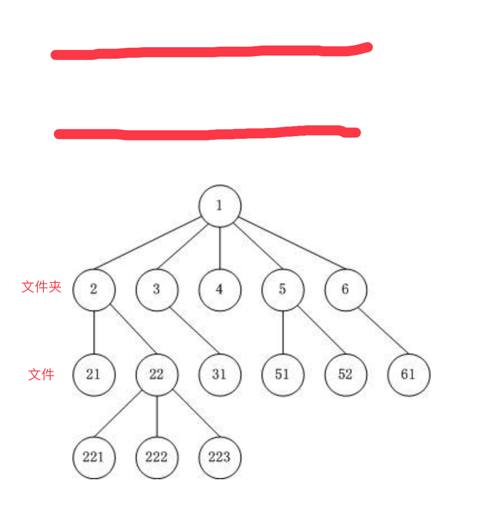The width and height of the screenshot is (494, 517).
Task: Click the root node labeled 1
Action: point(220,206)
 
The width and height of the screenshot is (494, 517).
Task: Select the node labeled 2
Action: point(93,290)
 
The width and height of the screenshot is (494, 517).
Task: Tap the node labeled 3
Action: point(157,290)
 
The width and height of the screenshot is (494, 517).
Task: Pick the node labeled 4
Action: point(220,290)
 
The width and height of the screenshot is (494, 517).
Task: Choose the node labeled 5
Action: point(283,290)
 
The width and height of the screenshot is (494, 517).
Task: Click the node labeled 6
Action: point(345,290)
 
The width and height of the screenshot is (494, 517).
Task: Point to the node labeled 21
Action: point(93,375)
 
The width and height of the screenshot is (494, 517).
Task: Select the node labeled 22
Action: point(157,375)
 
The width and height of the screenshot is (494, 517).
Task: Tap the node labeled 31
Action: point(220,375)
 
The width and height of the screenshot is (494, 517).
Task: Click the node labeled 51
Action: point(283,375)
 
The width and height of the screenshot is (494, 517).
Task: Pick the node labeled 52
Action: point(345,375)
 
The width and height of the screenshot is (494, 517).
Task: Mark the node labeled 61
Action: point(408,375)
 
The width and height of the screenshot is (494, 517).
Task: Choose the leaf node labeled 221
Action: point(93,458)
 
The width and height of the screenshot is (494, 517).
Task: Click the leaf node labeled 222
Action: point(157,458)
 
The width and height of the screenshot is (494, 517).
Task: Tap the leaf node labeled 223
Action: point(220,458)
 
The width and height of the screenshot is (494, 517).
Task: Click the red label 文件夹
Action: point(41,287)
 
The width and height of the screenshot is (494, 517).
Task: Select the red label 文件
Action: point(41,375)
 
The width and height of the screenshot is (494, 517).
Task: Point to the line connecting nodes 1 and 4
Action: point(220,248)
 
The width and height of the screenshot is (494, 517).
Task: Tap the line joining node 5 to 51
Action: point(283,332)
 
